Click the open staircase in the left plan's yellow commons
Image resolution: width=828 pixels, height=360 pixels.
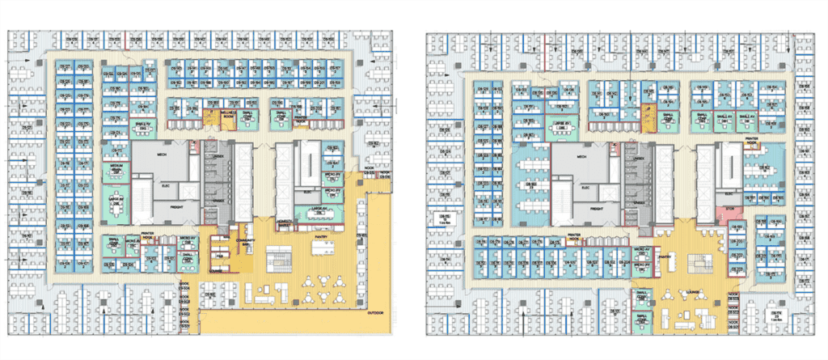pyautogui.click(x=282, y=258)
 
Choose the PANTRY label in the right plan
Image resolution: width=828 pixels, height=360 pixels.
pyautogui.click(x=665, y=257)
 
